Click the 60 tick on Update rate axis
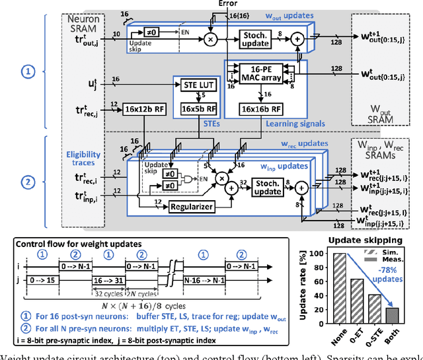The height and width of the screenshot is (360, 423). click(323, 284)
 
